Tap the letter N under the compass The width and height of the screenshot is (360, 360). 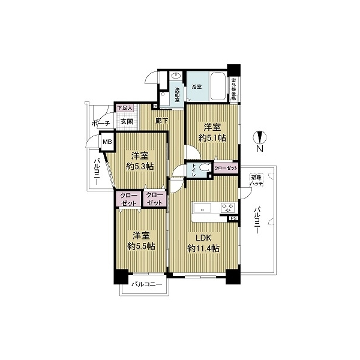[x=259, y=148]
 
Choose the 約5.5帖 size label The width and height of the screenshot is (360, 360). [x=142, y=246]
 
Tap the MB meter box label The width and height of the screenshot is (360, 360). [x=106, y=143]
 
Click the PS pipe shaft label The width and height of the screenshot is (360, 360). [x=233, y=219]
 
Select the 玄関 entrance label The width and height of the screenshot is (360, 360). [x=126, y=122]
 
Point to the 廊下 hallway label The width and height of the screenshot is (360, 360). [x=161, y=121]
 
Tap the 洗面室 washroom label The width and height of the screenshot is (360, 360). [x=178, y=94]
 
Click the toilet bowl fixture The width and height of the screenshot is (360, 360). [x=205, y=169]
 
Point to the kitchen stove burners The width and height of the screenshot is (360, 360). [x=227, y=209]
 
